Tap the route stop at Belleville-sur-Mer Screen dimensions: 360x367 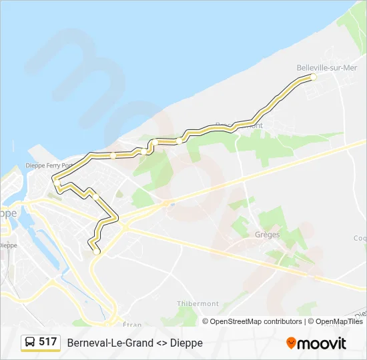pyautogui.click(x=313, y=77)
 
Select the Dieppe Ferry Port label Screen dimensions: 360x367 pyautogui.click(x=49, y=166)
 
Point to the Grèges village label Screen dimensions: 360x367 pyautogui.click(x=267, y=235)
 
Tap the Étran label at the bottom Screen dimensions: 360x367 pyautogui.click(x=132, y=324)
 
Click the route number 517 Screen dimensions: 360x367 pyautogui.click(x=47, y=341)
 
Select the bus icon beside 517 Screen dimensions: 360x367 pyautogui.click(x=30, y=342)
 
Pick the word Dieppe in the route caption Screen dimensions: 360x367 pyautogui.click(x=188, y=343)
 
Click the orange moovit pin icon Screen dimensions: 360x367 pyautogui.click(x=291, y=343)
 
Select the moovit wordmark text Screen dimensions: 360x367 pyautogui.click(x=322, y=343)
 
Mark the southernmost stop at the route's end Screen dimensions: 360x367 pyautogui.click(x=97, y=251)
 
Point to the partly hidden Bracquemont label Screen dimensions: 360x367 pyautogui.click(x=239, y=125)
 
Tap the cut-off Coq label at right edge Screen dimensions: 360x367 pyautogui.click(x=360, y=238)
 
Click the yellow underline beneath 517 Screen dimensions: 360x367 pyautogui.click(x=41, y=351)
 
